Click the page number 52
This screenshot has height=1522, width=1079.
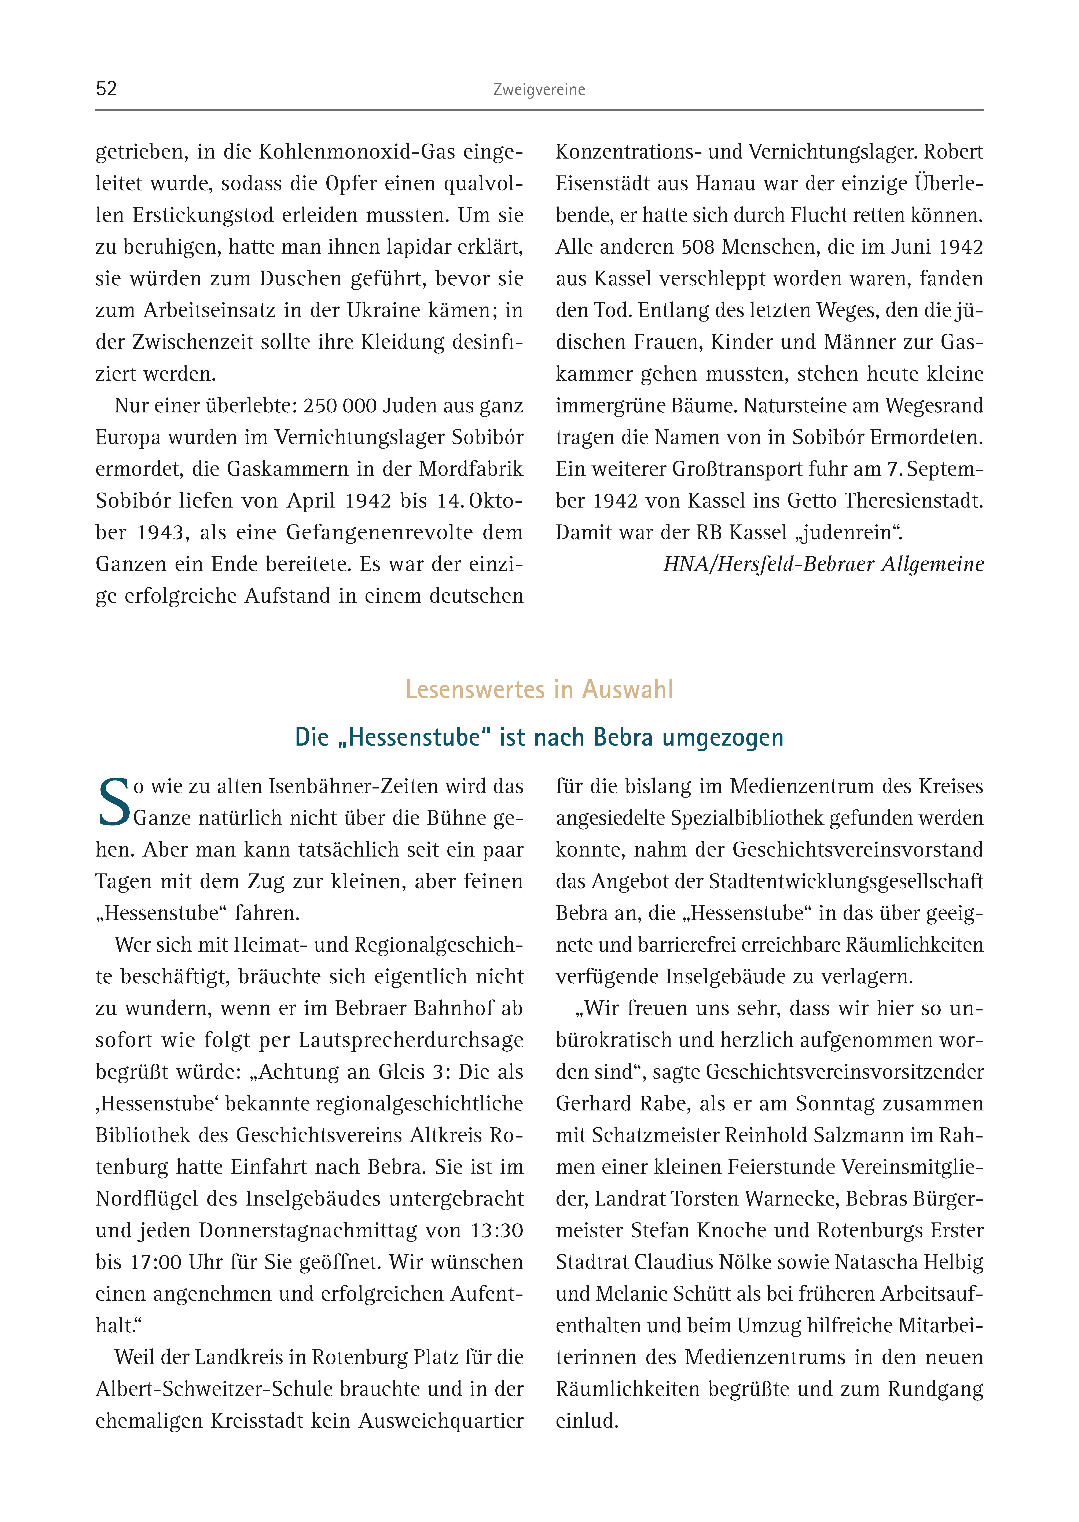coord(106,89)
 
